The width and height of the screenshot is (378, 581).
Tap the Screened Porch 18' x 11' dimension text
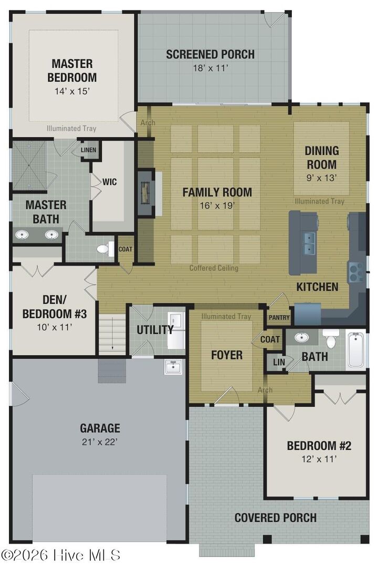click(210, 68)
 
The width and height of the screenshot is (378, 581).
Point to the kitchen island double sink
click(309, 242)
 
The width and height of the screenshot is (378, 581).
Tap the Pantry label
click(278, 318)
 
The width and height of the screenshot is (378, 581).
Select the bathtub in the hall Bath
click(356, 349)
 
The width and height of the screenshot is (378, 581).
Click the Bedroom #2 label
click(319, 446)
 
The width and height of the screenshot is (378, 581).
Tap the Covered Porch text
click(275, 518)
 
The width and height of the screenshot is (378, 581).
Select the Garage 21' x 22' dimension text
click(100, 441)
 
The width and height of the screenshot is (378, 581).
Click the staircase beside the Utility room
click(113, 332)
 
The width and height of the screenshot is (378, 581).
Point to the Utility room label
click(154, 330)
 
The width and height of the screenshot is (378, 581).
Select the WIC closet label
click(110, 182)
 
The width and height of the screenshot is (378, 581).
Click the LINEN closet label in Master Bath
click(88, 150)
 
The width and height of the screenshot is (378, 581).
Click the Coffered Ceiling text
click(214, 268)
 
